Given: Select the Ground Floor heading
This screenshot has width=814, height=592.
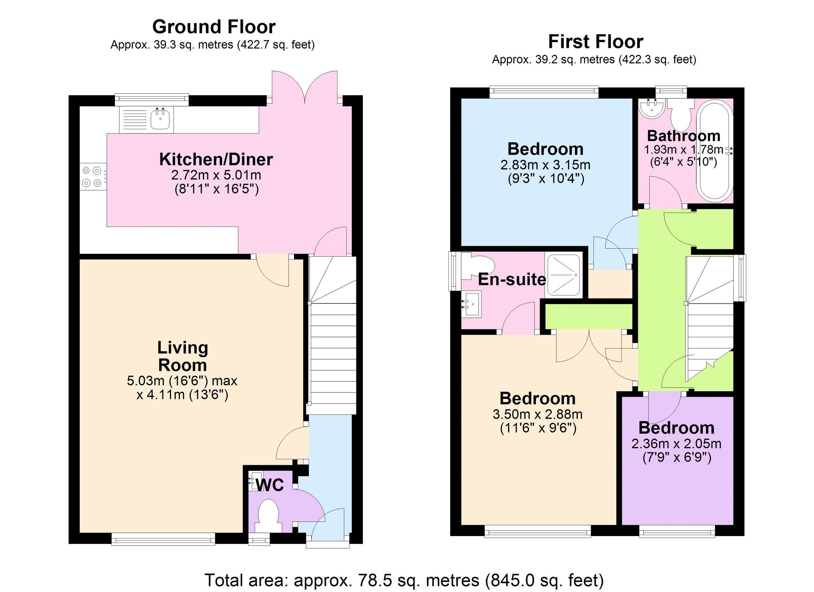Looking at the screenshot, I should tap(214, 27).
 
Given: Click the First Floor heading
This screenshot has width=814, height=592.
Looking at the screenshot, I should tap(596, 42).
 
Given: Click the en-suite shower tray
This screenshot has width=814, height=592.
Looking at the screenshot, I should tap(563, 275).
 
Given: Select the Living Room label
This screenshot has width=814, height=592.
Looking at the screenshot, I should tap(183, 357).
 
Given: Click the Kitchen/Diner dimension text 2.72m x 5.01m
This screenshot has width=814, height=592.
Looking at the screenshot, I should tap(216, 175).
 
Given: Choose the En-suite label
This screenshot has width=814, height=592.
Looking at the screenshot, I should tap(512, 279).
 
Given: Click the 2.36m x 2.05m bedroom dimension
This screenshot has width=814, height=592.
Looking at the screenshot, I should tap(676, 444).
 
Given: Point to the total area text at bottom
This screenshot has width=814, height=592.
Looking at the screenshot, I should tap(404, 580).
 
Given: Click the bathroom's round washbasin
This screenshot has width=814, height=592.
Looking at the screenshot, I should tap(652, 108).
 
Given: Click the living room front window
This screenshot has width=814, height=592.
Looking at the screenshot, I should tap(163, 539).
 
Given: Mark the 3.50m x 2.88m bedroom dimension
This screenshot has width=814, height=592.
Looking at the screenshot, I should tap(537, 414).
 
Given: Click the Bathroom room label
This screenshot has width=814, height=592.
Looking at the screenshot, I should tap(683, 136).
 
